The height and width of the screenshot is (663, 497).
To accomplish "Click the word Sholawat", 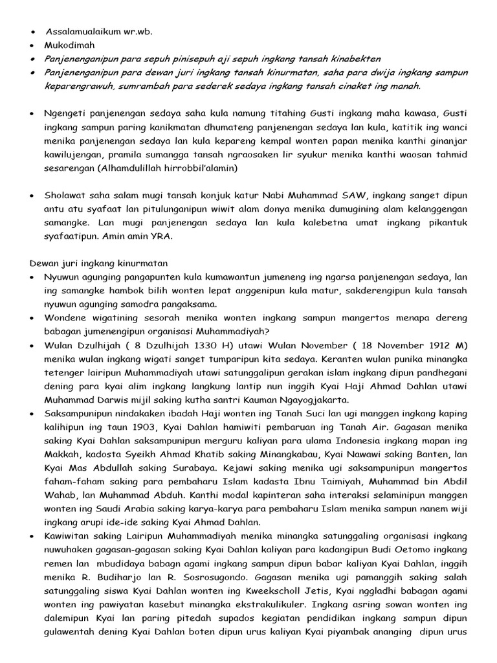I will (66, 195).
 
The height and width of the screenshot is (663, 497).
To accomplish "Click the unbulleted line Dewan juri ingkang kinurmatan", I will (98, 263).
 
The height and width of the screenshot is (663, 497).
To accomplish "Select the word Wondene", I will (65, 317).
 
